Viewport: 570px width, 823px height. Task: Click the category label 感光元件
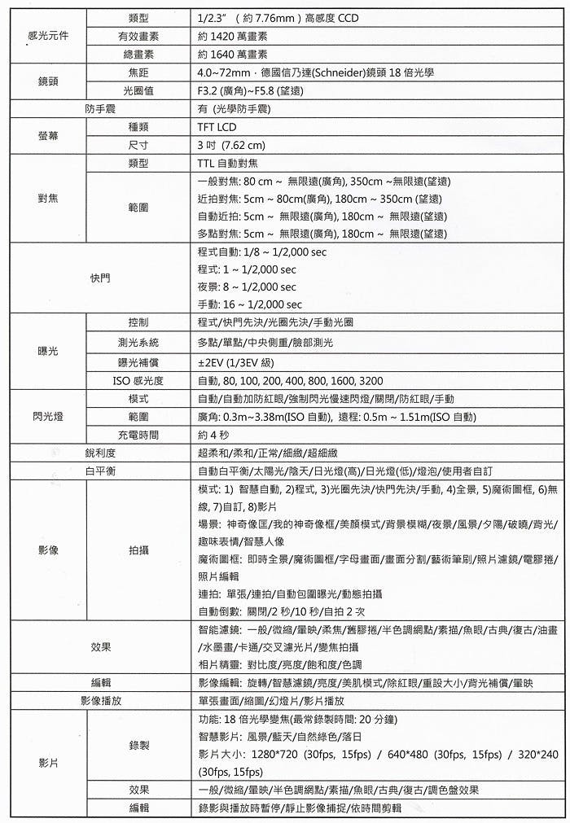coord(47,37)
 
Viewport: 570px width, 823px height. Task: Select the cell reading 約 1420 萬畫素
coord(233,37)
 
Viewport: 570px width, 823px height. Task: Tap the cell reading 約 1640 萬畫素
coord(233,55)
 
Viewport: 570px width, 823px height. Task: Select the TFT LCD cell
coord(217,128)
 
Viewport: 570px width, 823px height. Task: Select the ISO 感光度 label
coord(138,381)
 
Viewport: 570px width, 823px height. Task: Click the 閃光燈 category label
coord(47,417)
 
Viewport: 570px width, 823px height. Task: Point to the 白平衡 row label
coord(102,471)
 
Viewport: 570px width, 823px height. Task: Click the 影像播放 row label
coord(102,700)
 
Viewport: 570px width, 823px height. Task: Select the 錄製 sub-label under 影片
coord(138,745)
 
